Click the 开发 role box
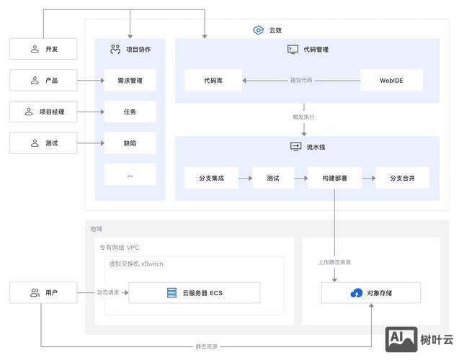click(43, 49)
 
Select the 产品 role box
click(43, 80)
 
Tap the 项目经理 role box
click(43, 112)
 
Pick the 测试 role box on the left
click(43, 143)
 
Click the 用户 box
click(43, 293)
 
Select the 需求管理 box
click(130, 80)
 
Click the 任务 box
click(130, 112)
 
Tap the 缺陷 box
click(130, 143)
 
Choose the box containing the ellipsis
click(130, 174)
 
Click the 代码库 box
click(213, 80)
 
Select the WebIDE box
click(391, 80)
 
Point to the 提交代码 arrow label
click(301, 80)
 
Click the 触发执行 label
click(303, 117)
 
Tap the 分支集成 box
click(212, 178)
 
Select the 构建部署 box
click(334, 178)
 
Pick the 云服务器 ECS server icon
click(171, 293)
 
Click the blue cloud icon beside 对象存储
click(356, 293)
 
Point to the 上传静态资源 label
click(334, 262)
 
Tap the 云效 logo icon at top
click(258, 30)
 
